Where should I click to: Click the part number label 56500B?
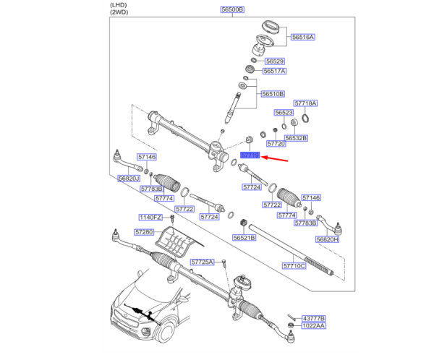point(233,10)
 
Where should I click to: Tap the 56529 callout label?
point(273,61)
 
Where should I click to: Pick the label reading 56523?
point(284,113)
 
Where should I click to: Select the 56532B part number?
point(296,137)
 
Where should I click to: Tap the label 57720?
point(276,144)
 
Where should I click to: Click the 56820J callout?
point(129,179)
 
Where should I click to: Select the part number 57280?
point(144,232)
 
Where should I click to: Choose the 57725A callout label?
point(203,262)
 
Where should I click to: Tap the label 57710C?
point(294,266)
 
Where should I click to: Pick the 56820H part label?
point(327,239)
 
